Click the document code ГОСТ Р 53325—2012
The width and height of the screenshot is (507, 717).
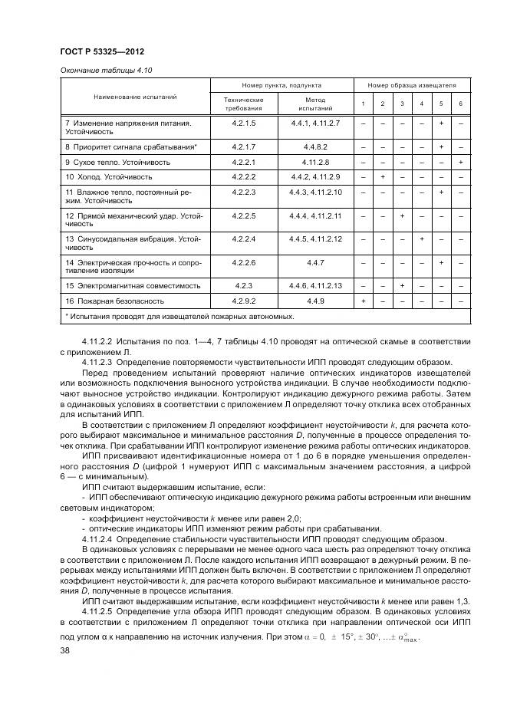click(x=103, y=52)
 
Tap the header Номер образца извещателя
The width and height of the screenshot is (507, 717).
click(x=411, y=85)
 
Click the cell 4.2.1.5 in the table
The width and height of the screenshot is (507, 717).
click(x=242, y=123)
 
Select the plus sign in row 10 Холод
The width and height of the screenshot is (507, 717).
click(x=382, y=177)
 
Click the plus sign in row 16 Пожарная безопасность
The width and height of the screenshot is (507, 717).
click(x=363, y=301)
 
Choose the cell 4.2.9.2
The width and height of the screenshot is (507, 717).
click(x=242, y=301)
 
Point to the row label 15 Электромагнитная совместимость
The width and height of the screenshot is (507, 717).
click(x=133, y=286)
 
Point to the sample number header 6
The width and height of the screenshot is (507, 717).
click(x=460, y=104)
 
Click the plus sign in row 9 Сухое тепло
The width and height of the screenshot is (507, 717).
click(x=460, y=163)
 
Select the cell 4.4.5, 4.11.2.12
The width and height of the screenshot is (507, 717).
click(x=315, y=239)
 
